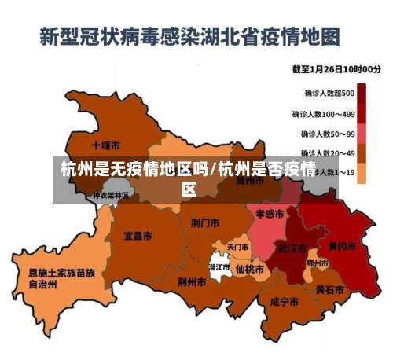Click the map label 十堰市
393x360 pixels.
[x=105, y=145]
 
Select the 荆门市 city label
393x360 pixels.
[x=204, y=222]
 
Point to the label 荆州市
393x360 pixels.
[x=193, y=281]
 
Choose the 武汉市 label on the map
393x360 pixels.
[x=290, y=248]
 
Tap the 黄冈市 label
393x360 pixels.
[x=342, y=246]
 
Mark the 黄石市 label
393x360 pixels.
[x=330, y=289]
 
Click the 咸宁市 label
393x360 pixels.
[x=284, y=301]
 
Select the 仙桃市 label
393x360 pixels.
[x=250, y=269]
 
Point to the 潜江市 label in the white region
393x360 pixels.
[x=219, y=267]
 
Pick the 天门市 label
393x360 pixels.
[x=238, y=247]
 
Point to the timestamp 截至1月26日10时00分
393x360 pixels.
[x=336, y=69]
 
